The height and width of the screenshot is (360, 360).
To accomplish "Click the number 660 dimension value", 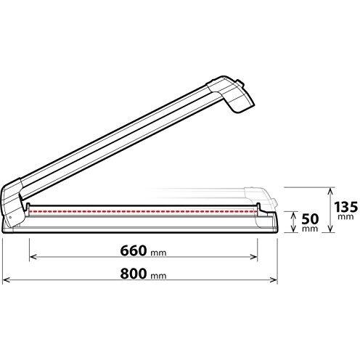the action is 134,250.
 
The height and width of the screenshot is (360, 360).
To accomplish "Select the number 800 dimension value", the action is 134,274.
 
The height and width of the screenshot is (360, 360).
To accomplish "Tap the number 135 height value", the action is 345,207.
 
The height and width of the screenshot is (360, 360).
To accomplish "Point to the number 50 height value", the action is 310,219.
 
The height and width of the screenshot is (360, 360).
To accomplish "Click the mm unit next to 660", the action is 158,253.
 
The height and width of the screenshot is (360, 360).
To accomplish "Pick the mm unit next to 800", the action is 158,276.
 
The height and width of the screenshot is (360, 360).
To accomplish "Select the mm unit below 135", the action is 345,216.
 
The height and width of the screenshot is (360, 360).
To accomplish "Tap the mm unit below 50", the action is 310,229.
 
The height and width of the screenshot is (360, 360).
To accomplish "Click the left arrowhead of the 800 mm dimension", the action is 5,280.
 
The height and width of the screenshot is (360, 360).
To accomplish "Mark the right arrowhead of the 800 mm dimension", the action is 274,280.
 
